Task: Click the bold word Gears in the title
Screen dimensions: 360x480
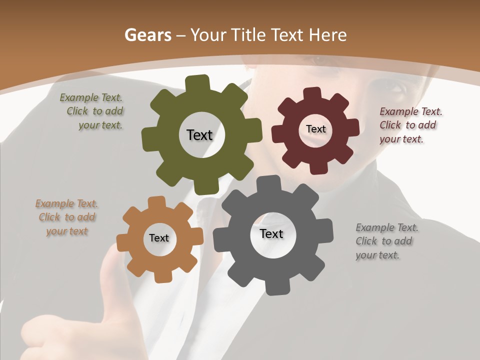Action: [148, 35]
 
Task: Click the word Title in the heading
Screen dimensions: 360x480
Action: [248, 35]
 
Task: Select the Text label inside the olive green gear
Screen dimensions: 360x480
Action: [199, 135]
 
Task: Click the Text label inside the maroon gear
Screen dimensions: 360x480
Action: [315, 129]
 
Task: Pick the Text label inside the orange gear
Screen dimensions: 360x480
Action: [159, 238]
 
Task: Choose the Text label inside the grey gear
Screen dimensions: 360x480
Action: [271, 233]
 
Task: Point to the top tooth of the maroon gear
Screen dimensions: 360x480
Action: [312, 93]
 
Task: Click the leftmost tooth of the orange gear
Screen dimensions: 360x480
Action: [123, 242]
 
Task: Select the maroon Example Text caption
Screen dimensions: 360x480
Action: [410, 125]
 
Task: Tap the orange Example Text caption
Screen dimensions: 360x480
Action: [66, 217]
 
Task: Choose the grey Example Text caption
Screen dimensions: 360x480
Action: [386, 241]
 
